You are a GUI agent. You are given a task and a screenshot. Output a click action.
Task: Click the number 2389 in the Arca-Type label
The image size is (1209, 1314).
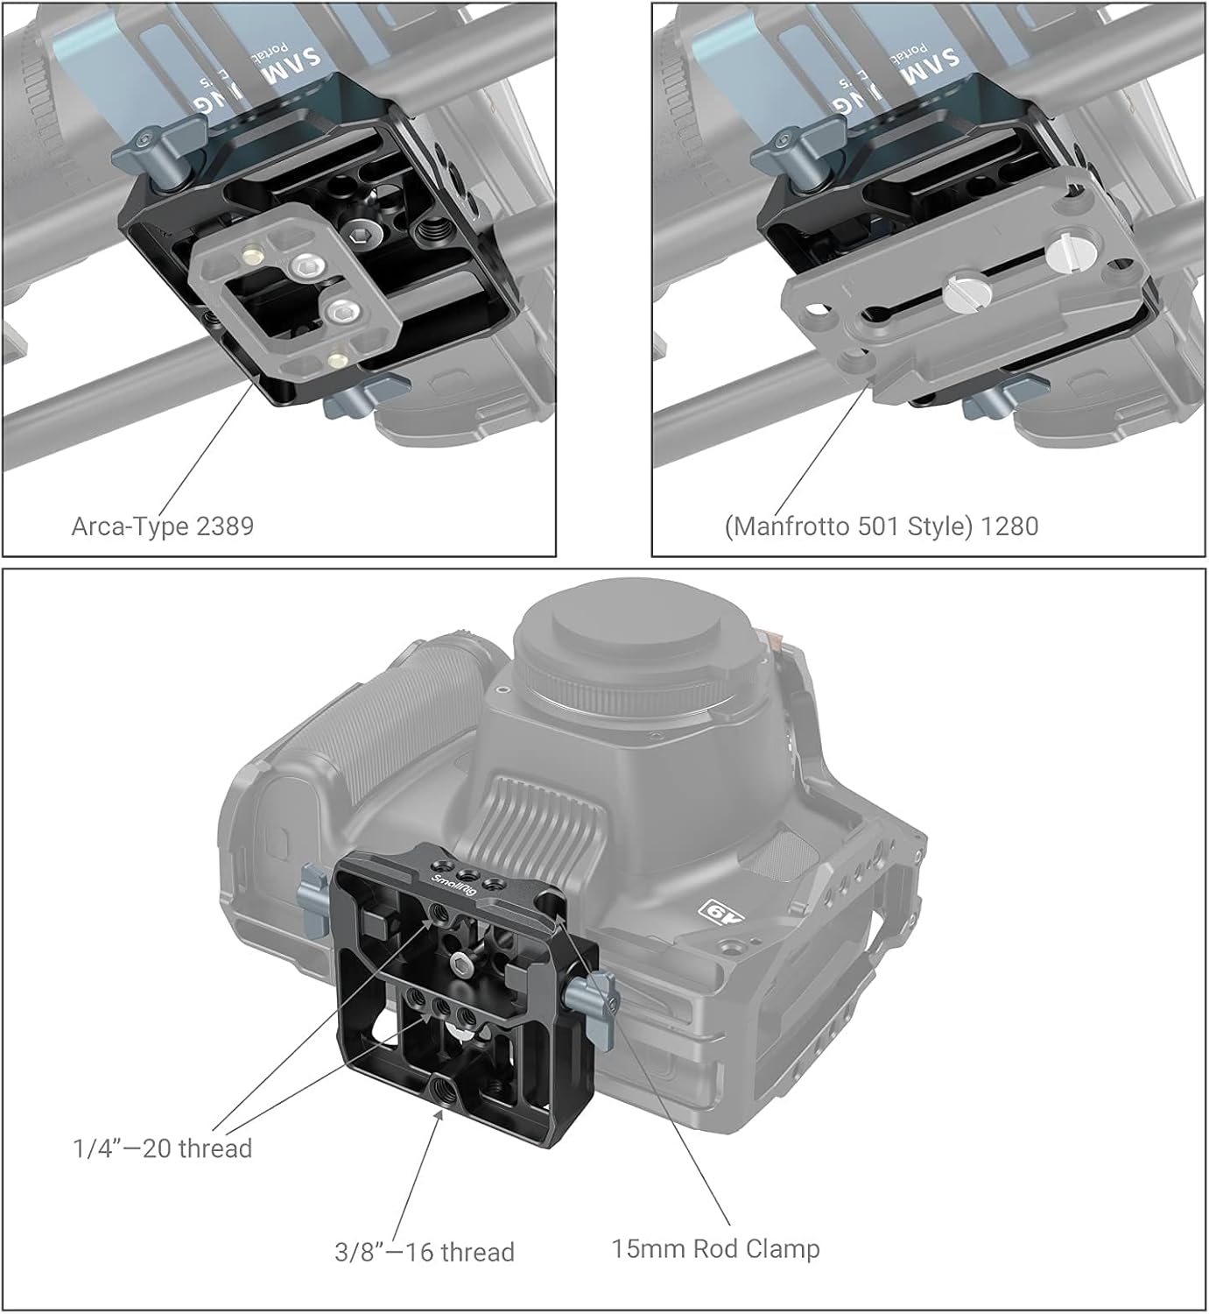coord(225,526)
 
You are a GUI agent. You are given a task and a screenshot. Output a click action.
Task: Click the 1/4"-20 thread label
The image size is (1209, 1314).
coord(162,1148)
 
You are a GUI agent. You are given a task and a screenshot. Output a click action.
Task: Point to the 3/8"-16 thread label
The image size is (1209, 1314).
coord(425,1252)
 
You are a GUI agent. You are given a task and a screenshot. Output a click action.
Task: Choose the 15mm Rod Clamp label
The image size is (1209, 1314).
coord(715,1248)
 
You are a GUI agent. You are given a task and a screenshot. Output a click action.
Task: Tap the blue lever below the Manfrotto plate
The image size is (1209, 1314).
coord(994,399)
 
